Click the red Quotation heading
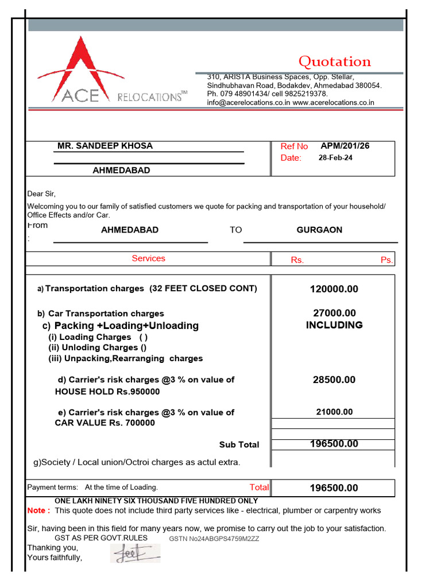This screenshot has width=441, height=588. (335, 61)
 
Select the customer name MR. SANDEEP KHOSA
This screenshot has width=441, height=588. (105, 146)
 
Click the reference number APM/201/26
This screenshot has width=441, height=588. (345, 146)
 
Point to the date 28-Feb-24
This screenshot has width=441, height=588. (335, 158)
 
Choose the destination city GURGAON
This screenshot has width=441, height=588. (319, 230)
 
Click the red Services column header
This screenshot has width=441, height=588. (148, 258)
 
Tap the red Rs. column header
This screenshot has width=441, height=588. (297, 260)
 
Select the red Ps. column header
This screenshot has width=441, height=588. (386, 260)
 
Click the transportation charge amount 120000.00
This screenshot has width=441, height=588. (334, 289)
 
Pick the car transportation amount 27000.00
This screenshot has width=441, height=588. (334, 313)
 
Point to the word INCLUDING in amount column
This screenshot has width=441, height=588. (334, 325)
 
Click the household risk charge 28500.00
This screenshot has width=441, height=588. (334, 380)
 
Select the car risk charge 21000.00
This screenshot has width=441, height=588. (334, 412)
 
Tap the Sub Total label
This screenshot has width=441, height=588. (239, 444)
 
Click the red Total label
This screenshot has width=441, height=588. (259, 487)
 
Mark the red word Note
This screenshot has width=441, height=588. (38, 510)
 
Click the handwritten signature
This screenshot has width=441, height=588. (135, 554)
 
